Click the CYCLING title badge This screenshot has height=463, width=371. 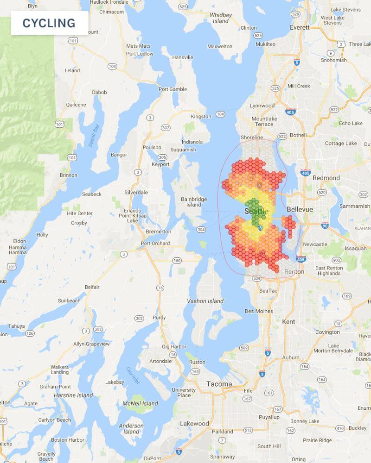click(49, 23)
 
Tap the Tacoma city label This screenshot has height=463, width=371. click(219, 384)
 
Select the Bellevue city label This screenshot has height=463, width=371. click(300, 209)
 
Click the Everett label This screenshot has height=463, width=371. click(300, 27)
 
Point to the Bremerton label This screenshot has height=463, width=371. click(158, 231)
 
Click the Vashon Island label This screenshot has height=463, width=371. click(205, 301)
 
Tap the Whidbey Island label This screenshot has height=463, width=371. click(220, 18)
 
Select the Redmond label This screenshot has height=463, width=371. click(326, 178)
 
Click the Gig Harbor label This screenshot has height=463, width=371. click(174, 346)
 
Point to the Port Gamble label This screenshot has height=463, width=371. click(173, 89)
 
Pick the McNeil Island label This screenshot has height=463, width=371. click(144, 404)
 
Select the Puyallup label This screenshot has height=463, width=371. click(269, 417)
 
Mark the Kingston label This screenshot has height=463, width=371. click(201, 117)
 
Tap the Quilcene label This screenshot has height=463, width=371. click(76, 105)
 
